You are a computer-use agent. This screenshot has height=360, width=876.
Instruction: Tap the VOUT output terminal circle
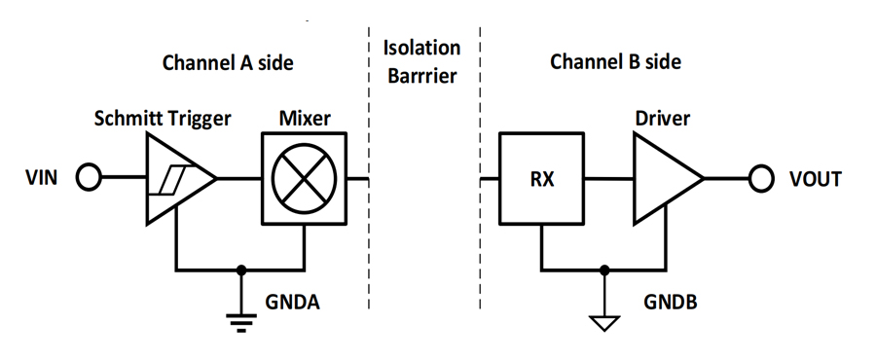click(x=761, y=179)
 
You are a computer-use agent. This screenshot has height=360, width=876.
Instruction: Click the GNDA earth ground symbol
click(x=241, y=323)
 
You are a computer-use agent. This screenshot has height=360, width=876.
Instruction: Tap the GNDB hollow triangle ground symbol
click(x=603, y=323)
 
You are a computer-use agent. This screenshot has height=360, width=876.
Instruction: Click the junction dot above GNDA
click(x=241, y=270)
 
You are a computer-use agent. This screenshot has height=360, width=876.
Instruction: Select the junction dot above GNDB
click(x=603, y=270)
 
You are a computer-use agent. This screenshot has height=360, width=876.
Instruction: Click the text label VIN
click(x=41, y=179)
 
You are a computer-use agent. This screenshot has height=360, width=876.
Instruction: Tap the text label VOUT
click(x=815, y=179)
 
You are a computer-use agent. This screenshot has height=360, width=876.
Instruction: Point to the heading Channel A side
click(x=228, y=62)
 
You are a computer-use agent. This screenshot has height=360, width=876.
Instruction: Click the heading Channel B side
click(x=615, y=61)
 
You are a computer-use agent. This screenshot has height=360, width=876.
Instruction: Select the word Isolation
click(x=421, y=48)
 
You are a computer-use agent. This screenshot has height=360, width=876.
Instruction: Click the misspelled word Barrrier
click(x=422, y=76)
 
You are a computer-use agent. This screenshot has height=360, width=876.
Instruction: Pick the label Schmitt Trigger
click(x=162, y=119)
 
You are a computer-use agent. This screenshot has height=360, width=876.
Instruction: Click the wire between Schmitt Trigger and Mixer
click(x=239, y=179)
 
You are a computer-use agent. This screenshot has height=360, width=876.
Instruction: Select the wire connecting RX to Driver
click(x=609, y=179)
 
